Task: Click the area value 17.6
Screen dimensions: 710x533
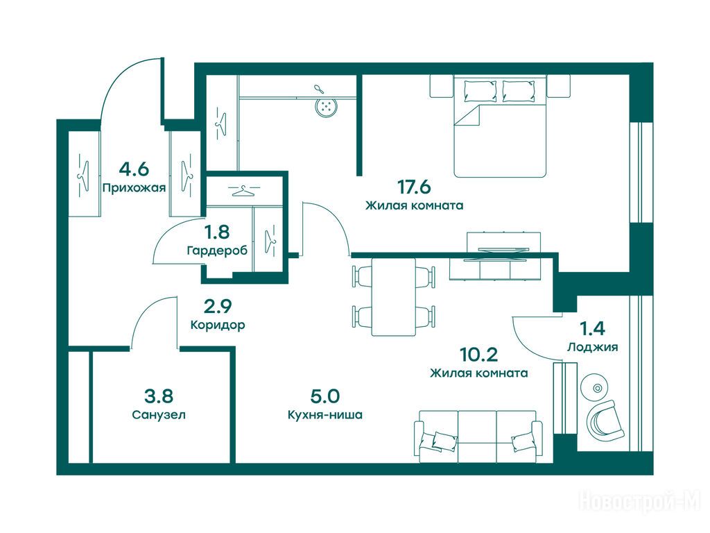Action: click(414, 186)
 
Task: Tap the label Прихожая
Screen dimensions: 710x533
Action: click(134, 187)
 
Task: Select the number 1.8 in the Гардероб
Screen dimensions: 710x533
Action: click(217, 232)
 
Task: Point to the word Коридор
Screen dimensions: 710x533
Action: click(218, 325)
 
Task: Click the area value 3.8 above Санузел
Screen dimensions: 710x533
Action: click(159, 396)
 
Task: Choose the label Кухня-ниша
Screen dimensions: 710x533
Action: click(325, 415)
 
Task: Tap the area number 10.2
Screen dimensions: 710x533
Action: click(478, 355)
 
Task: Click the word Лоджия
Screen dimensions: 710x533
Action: click(593, 347)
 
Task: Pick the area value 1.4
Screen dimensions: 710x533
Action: click(593, 328)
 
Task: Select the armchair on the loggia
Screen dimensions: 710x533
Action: click(606, 419)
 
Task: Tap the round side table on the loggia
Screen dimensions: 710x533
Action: click(598, 387)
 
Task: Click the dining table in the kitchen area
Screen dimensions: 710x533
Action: click(394, 297)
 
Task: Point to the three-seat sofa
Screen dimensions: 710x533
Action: click(478, 437)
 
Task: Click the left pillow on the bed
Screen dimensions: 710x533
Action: click(480, 91)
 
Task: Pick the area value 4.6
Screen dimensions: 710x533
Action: click(134, 169)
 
